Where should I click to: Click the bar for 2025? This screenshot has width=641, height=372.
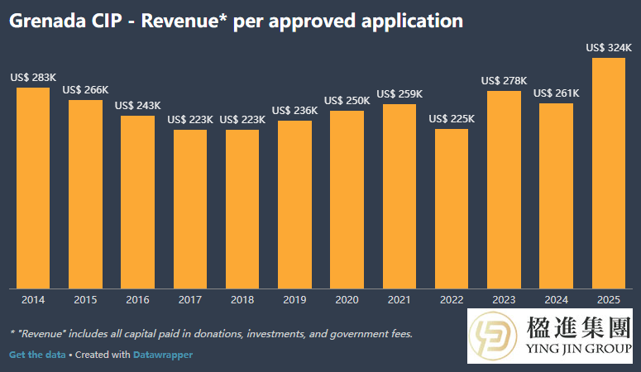608,174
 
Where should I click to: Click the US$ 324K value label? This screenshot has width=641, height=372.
608,48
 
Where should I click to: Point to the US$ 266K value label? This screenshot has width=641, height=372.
85,90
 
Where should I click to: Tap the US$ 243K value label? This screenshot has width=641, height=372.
137,106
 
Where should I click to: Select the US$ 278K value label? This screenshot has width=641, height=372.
504,80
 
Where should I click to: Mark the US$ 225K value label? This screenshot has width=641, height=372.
452,119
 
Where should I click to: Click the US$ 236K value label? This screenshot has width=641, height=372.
294,111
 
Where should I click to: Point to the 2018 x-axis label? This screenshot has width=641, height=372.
242,299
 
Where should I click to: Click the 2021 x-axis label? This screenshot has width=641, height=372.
399,299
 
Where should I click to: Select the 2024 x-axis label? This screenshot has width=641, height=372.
556,299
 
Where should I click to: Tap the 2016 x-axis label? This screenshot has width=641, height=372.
137,299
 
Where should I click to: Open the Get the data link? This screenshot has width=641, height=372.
36,355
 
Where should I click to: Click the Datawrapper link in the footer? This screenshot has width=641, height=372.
162,355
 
